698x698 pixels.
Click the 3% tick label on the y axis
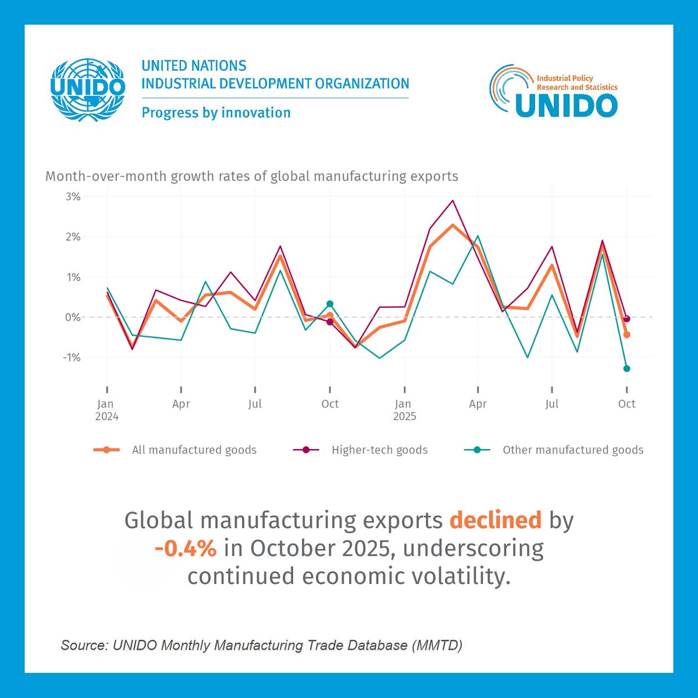pyautogui.click(x=73, y=197)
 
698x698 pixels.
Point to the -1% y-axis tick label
pyautogui.click(x=72, y=357)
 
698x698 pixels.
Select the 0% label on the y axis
pyautogui.click(x=73, y=317)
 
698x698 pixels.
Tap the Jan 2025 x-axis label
pyautogui.click(x=404, y=410)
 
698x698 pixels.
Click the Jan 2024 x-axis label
pyautogui.click(x=106, y=410)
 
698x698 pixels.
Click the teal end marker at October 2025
pyautogui.click(x=626, y=368)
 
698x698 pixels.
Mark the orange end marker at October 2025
pyautogui.click(x=626, y=334)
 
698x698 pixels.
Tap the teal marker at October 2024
pyautogui.click(x=330, y=304)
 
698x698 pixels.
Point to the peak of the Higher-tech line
pyautogui.click(x=453, y=201)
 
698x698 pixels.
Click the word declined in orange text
pyautogui.click(x=495, y=520)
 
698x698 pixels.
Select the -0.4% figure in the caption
pyautogui.click(x=186, y=548)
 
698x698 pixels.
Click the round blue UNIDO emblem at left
pyautogui.click(x=88, y=89)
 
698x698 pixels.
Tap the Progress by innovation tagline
pyautogui.click(x=216, y=112)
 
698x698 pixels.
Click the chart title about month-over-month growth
pyautogui.click(x=251, y=176)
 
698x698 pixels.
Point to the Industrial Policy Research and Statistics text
pyautogui.click(x=576, y=83)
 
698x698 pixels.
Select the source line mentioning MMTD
pyautogui.click(x=261, y=645)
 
